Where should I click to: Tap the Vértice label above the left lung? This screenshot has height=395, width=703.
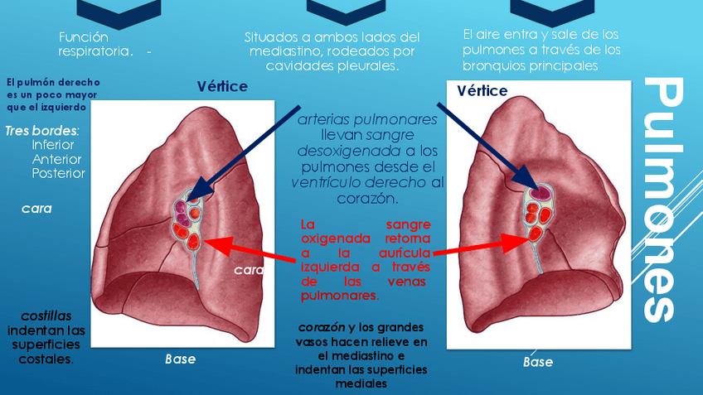(222, 87)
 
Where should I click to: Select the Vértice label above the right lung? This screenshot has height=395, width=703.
(482, 91)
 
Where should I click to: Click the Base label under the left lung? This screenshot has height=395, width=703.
(180, 359)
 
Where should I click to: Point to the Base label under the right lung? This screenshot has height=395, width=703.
(538, 362)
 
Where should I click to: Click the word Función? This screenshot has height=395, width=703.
(84, 37)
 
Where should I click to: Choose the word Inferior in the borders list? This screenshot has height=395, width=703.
(53, 145)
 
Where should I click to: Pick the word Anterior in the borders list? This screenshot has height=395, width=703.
(56, 159)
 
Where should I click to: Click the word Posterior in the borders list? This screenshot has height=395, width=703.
(58, 173)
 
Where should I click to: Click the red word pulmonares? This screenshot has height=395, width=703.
(340, 295)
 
